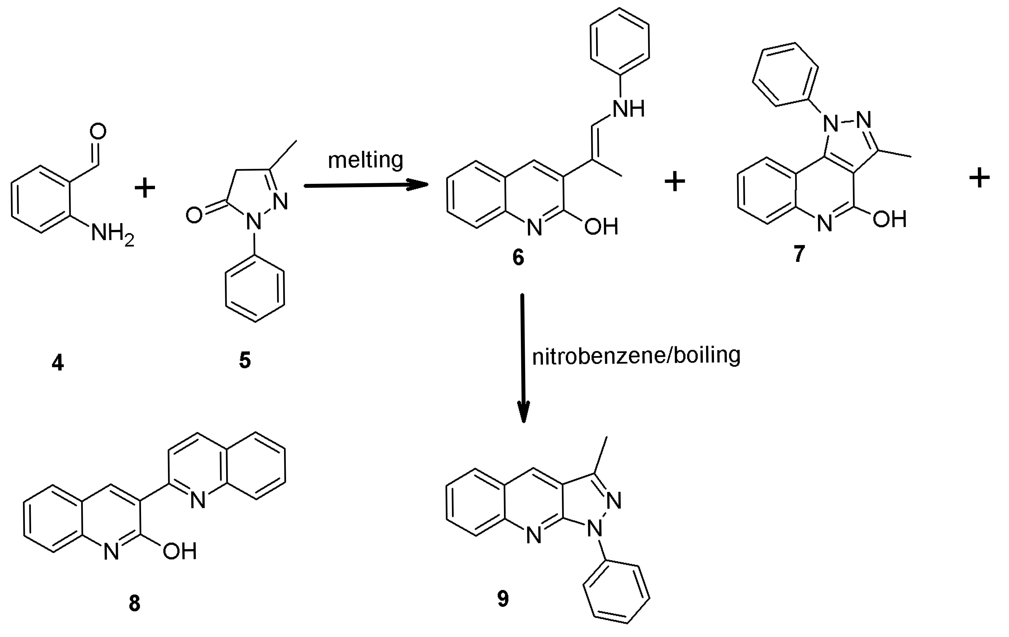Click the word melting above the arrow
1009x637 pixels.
click(365, 160)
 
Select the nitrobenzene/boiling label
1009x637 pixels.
click(636, 356)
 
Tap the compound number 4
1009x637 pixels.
click(58, 362)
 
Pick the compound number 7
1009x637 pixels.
click(799, 254)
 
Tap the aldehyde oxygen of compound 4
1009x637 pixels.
click(98, 132)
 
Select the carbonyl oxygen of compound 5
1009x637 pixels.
click(194, 216)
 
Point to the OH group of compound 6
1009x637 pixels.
click(601, 227)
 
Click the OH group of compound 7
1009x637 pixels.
click(889, 219)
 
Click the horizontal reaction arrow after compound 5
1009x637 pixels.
click(365, 185)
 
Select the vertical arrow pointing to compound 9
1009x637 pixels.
click(523, 356)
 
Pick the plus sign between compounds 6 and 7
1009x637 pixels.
click(675, 182)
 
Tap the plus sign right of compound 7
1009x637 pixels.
click(980, 178)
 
